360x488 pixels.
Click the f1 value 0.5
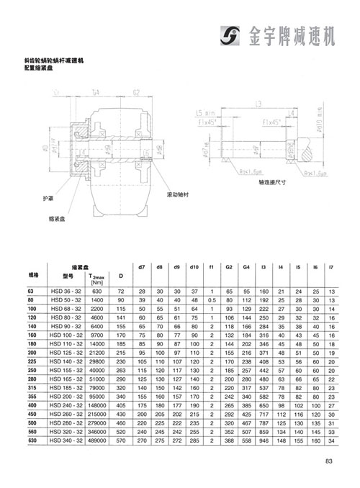(212, 299)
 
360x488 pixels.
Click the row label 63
(31, 291)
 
